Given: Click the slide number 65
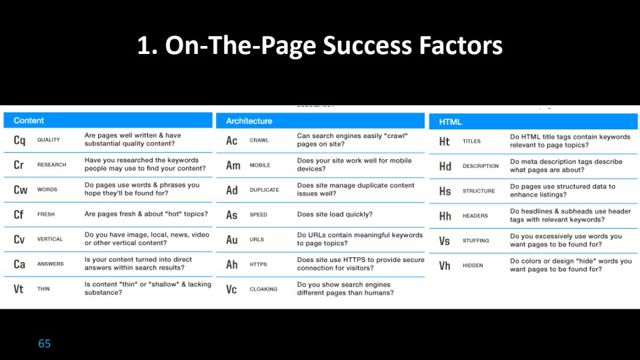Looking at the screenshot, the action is pyautogui.click(x=45, y=344).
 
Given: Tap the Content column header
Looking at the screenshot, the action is pyautogui.click(x=29, y=121).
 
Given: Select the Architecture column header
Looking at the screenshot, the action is pyautogui.click(x=249, y=121).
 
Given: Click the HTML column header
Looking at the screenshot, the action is pyautogui.click(x=450, y=121).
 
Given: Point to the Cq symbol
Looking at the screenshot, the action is pyautogui.click(x=19, y=141).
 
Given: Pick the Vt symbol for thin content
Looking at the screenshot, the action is pyautogui.click(x=19, y=289).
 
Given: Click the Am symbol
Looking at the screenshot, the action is pyautogui.click(x=233, y=165).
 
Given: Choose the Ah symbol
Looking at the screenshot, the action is pyautogui.click(x=232, y=265).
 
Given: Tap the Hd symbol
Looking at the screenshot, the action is pyautogui.click(x=445, y=167).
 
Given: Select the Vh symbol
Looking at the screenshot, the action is pyautogui.click(x=445, y=266).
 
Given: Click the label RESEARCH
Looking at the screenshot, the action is pyautogui.click(x=51, y=165).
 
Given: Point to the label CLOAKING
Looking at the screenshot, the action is pyautogui.click(x=263, y=289).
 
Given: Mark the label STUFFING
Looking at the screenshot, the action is pyautogui.click(x=475, y=241).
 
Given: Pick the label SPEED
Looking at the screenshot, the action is pyautogui.click(x=259, y=215).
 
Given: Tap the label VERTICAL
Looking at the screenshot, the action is pyautogui.click(x=50, y=239).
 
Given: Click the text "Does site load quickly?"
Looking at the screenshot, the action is pyautogui.click(x=335, y=214).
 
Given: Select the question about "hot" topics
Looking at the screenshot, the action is pyautogui.click(x=146, y=214).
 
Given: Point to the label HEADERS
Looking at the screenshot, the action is pyautogui.click(x=475, y=215).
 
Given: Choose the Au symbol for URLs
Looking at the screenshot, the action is pyautogui.click(x=232, y=239).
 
